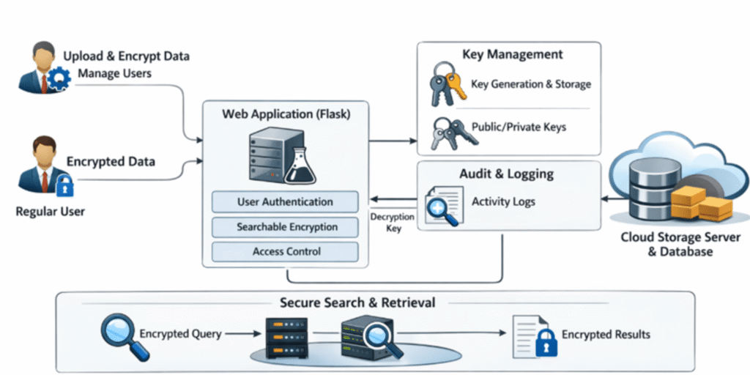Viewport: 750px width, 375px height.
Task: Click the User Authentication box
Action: click(x=285, y=202)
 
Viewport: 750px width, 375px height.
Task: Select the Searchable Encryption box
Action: click(x=285, y=227)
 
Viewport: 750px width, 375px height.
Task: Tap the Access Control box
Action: click(x=285, y=252)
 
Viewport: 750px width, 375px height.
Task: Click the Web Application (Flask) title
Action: click(x=285, y=115)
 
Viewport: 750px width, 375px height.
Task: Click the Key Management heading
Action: click(x=513, y=55)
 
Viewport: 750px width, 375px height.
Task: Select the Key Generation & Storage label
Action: click(x=531, y=84)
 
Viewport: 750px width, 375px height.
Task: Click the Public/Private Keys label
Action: click(x=519, y=127)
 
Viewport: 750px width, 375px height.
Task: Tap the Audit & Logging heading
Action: click(x=507, y=174)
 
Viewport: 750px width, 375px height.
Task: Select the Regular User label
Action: click(x=51, y=212)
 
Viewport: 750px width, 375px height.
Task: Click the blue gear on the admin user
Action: click(x=58, y=79)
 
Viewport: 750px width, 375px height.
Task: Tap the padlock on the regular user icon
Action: click(x=64, y=187)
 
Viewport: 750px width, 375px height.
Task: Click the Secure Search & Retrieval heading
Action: click(x=357, y=302)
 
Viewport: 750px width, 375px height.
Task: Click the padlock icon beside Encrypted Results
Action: click(x=545, y=341)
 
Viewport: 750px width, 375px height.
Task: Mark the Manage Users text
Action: click(x=114, y=73)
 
